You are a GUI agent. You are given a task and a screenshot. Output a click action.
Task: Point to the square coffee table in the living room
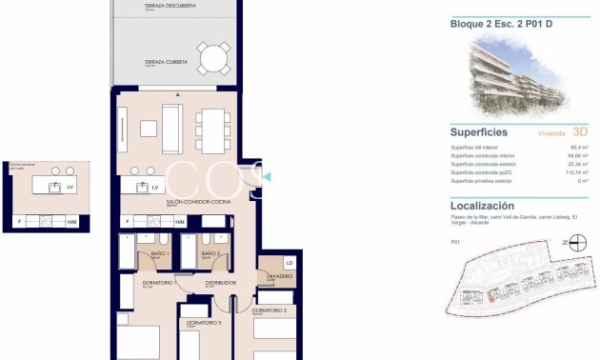click(150, 129)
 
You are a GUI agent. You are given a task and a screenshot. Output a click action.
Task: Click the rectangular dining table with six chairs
click(211, 129)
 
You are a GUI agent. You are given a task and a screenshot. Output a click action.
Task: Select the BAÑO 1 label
click(159, 254)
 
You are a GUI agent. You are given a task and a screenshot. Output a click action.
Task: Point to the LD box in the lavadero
click(290, 263)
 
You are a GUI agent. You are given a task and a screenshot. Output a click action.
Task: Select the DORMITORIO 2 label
click(270, 310)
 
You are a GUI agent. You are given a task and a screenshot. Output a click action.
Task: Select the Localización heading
click(482, 205)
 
